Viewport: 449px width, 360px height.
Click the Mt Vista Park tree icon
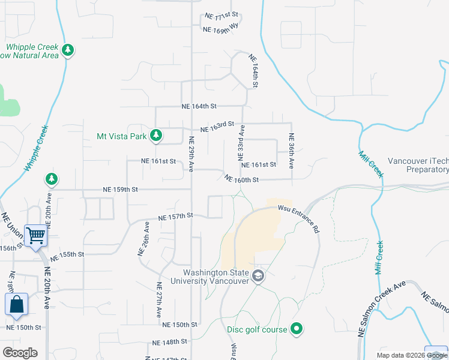(x=156, y=136)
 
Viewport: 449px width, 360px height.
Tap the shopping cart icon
(x=36, y=236)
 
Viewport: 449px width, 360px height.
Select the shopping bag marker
(x=16, y=305)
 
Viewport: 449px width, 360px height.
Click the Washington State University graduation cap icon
(x=258, y=277)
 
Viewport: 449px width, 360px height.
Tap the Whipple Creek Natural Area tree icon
(x=68, y=50)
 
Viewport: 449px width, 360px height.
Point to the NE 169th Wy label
(x=221, y=28)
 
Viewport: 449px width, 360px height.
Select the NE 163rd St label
(x=217, y=127)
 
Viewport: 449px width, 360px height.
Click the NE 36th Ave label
(x=291, y=154)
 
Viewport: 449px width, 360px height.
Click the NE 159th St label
(x=120, y=189)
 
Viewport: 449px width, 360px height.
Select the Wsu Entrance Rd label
(x=299, y=217)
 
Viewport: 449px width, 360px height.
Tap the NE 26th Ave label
(x=144, y=239)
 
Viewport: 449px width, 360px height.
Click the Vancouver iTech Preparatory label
(x=418, y=165)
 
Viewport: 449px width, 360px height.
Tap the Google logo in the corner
(x=20, y=353)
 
